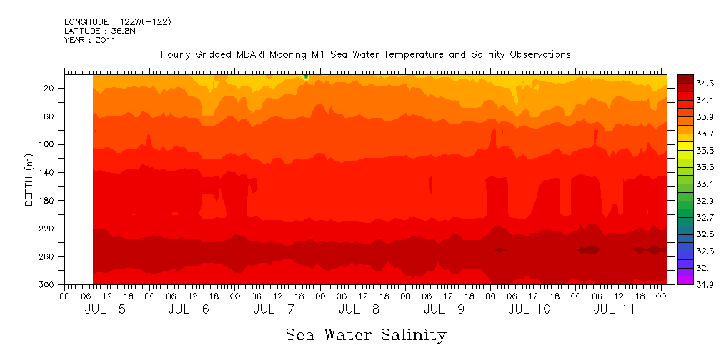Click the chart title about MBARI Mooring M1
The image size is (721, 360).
point(366,55)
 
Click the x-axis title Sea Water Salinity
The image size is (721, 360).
point(366,334)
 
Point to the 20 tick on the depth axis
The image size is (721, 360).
point(49,88)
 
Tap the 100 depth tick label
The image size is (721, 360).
point(47,144)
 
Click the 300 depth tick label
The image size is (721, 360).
point(47,285)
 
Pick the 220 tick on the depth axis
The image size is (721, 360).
point(47,229)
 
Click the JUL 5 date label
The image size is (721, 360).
point(106,309)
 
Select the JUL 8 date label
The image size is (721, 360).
point(361,309)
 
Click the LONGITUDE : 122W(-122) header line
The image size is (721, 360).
point(118,22)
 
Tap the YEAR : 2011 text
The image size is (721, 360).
point(90,40)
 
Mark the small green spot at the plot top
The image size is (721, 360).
point(306,76)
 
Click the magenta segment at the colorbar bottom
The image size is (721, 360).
point(685,281)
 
